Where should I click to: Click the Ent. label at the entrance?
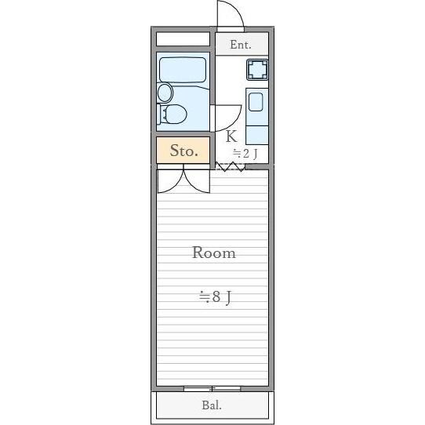[240, 45]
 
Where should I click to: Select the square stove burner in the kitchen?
[256, 71]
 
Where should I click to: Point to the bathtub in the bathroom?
[183, 71]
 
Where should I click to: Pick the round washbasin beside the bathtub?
[165, 93]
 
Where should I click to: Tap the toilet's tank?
[162, 115]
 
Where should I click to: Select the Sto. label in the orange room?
[183, 151]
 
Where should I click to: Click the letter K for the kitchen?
[231, 136]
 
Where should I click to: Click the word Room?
[213, 253]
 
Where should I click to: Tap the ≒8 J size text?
[214, 297]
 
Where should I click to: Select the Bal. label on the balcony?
[212, 405]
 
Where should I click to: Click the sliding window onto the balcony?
[212, 388]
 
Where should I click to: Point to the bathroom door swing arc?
[225, 118]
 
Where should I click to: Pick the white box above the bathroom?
[183, 39]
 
